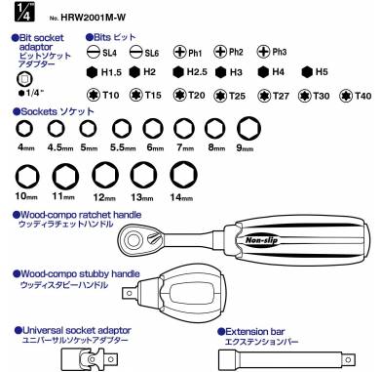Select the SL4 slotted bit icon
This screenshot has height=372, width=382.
94,51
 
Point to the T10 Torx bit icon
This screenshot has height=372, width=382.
94,96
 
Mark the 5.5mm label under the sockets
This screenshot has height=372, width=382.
123,148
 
